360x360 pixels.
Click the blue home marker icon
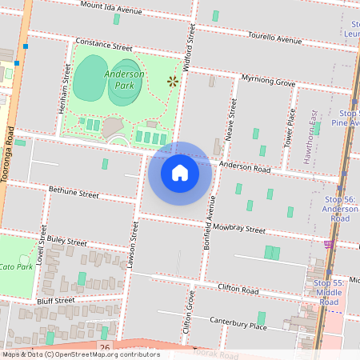pos(180,173)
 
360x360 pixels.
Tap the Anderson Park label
pos(124,78)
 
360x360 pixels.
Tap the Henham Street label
pos(66,87)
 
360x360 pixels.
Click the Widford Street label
pos(190,47)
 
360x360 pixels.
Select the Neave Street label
pos(232,120)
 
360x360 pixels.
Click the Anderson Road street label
pos(245,167)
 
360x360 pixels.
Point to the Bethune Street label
pos(74,193)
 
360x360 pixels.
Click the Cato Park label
pos(16,266)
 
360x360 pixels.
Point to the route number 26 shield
pos(105,346)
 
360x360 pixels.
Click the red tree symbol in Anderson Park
pos(171,80)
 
